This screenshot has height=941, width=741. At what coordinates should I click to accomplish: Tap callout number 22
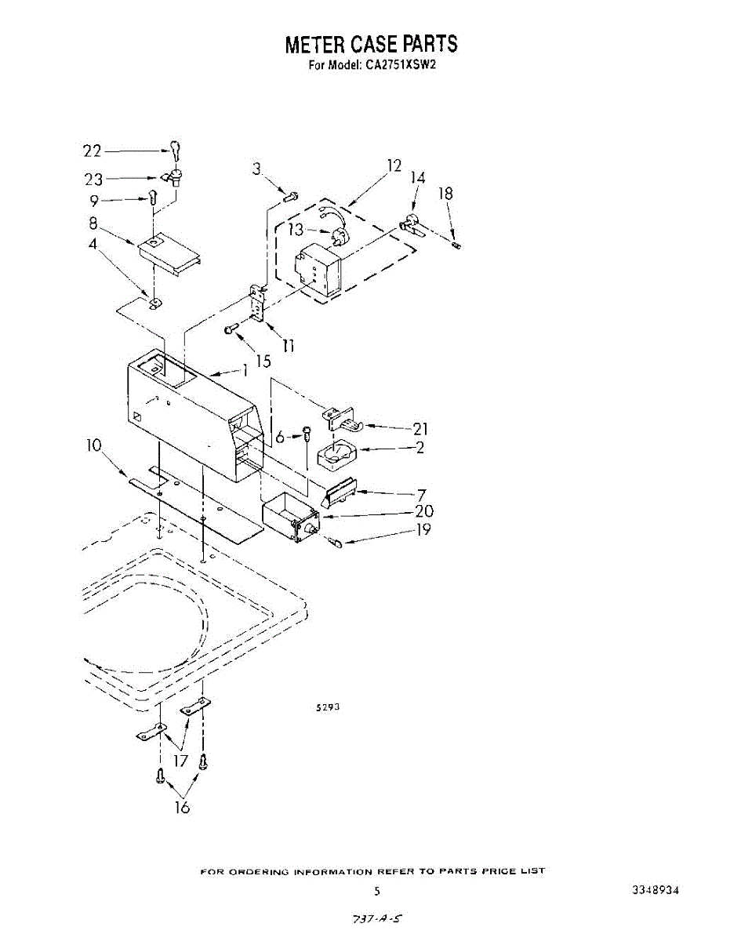click(93, 151)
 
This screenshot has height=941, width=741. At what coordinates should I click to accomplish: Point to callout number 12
click(394, 165)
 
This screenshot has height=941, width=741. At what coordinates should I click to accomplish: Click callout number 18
click(445, 194)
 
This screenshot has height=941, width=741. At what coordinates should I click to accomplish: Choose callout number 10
click(94, 446)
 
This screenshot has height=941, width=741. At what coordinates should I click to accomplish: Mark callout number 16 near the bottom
click(182, 808)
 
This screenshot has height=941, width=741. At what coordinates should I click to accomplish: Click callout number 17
click(181, 760)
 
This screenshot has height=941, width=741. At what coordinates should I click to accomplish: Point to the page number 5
click(377, 892)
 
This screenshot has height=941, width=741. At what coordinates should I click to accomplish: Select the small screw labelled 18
click(458, 245)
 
